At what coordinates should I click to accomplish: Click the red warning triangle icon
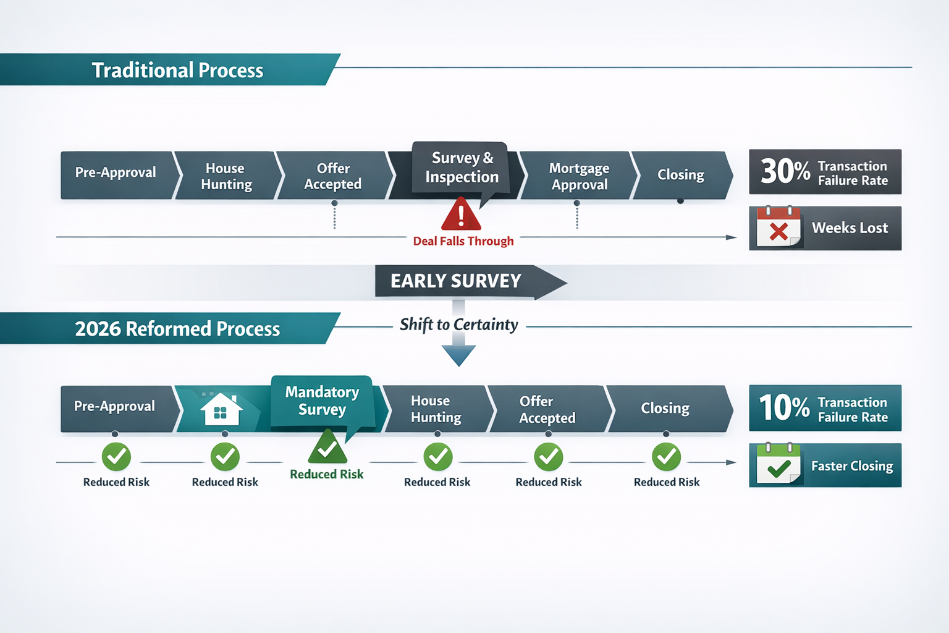(x=461, y=215)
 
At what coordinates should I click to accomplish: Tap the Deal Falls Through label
(x=463, y=241)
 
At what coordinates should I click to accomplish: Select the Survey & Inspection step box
(x=461, y=168)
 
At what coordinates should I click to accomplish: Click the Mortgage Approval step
(x=578, y=176)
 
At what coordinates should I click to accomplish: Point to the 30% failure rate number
(x=785, y=171)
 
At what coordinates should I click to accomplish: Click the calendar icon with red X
(x=778, y=227)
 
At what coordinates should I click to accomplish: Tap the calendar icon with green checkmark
(x=778, y=464)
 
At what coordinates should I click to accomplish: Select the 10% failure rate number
(x=783, y=407)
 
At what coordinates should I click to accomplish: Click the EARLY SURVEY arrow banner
(x=457, y=281)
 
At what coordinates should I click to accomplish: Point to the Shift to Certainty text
(x=458, y=325)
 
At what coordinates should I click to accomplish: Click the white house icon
(x=221, y=409)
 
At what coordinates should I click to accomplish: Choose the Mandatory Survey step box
(x=322, y=401)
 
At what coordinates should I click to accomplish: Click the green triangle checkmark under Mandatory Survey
(x=327, y=448)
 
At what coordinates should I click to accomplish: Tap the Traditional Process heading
(x=177, y=70)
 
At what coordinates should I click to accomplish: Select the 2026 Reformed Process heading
(x=177, y=328)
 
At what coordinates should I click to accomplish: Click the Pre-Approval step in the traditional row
(x=116, y=172)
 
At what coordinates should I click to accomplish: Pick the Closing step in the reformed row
(x=665, y=408)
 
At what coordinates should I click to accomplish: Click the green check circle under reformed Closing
(x=666, y=457)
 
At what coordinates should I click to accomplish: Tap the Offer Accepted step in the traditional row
(x=333, y=176)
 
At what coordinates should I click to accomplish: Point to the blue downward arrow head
(x=458, y=355)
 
